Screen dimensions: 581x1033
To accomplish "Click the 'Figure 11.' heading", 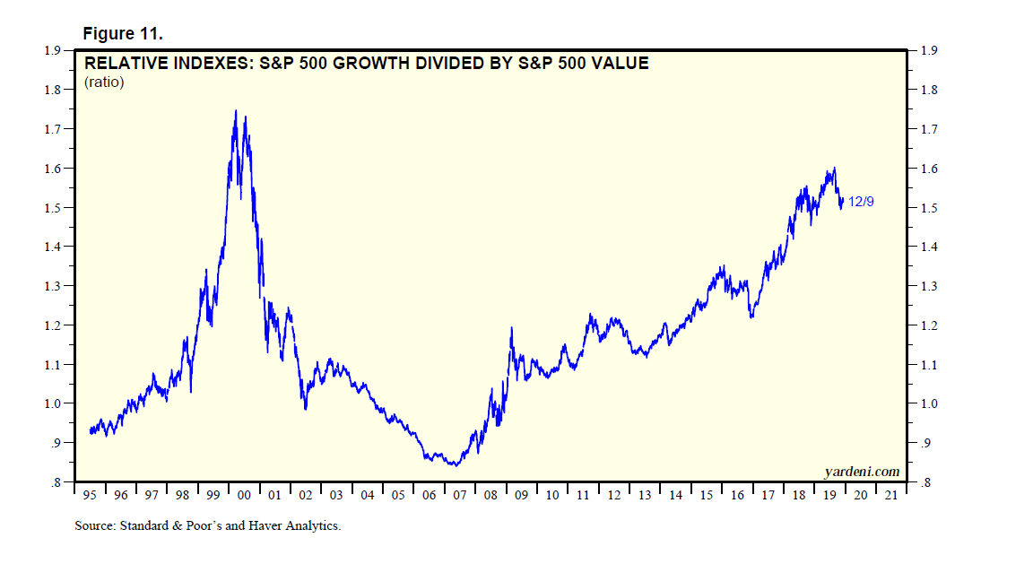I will coord(123,33).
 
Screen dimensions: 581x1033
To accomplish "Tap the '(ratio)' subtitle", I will coord(104,82).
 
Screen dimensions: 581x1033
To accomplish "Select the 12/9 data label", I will coord(861,203).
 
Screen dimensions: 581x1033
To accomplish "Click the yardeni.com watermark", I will coord(861,472).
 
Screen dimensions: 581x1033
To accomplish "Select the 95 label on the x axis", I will coord(90,495).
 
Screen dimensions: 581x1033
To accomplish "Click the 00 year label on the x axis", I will coord(244,495).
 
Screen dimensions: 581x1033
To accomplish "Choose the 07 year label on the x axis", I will coord(459,495).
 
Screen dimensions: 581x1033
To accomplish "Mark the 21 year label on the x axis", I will coord(890,495).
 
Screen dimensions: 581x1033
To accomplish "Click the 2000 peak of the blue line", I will coord(235,111).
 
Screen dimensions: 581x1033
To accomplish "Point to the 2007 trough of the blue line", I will coord(456,465).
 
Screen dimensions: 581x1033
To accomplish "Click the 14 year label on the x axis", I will coord(674,495).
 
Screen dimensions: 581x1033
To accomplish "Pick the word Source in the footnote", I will coord(94,526).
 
